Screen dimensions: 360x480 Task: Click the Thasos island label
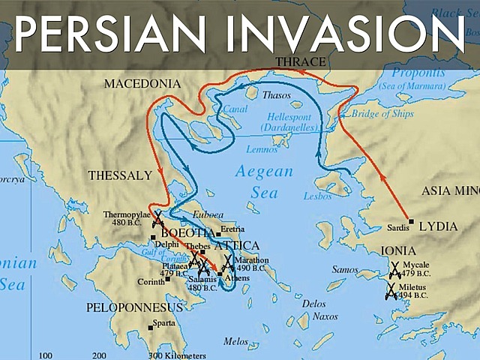277,95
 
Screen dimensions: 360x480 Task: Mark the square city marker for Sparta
130,326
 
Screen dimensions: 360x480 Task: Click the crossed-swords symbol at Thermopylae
158,219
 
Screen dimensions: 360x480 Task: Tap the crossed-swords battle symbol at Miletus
391,292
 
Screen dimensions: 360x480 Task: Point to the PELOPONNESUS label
134,307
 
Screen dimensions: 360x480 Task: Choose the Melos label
235,341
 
